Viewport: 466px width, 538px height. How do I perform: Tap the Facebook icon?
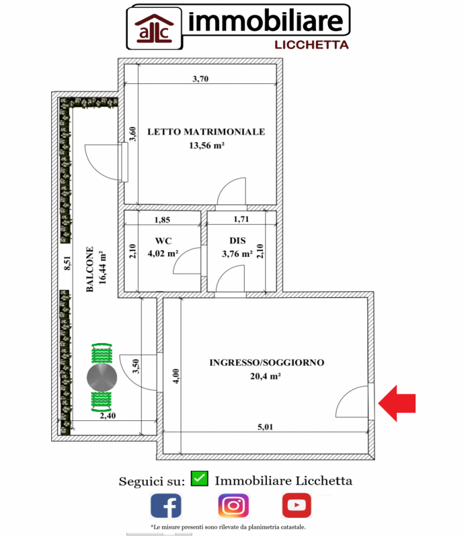(165, 506)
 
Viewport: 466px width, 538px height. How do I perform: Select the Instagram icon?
(233, 506)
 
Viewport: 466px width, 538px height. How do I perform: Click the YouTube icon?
(297, 505)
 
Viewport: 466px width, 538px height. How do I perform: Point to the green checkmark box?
(199, 479)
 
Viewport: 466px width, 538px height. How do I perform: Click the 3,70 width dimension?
(200, 79)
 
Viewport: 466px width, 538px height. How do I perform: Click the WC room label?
(163, 241)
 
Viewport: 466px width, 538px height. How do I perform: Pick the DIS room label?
(237, 241)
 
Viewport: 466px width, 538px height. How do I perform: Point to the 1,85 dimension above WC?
(163, 220)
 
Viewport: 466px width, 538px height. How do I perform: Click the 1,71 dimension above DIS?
(241, 220)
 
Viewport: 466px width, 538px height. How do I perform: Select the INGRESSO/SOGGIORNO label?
(267, 362)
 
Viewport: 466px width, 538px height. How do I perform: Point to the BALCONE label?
(90, 269)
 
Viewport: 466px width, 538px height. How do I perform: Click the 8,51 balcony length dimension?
(67, 264)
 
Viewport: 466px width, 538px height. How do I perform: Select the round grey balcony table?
(102, 378)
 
